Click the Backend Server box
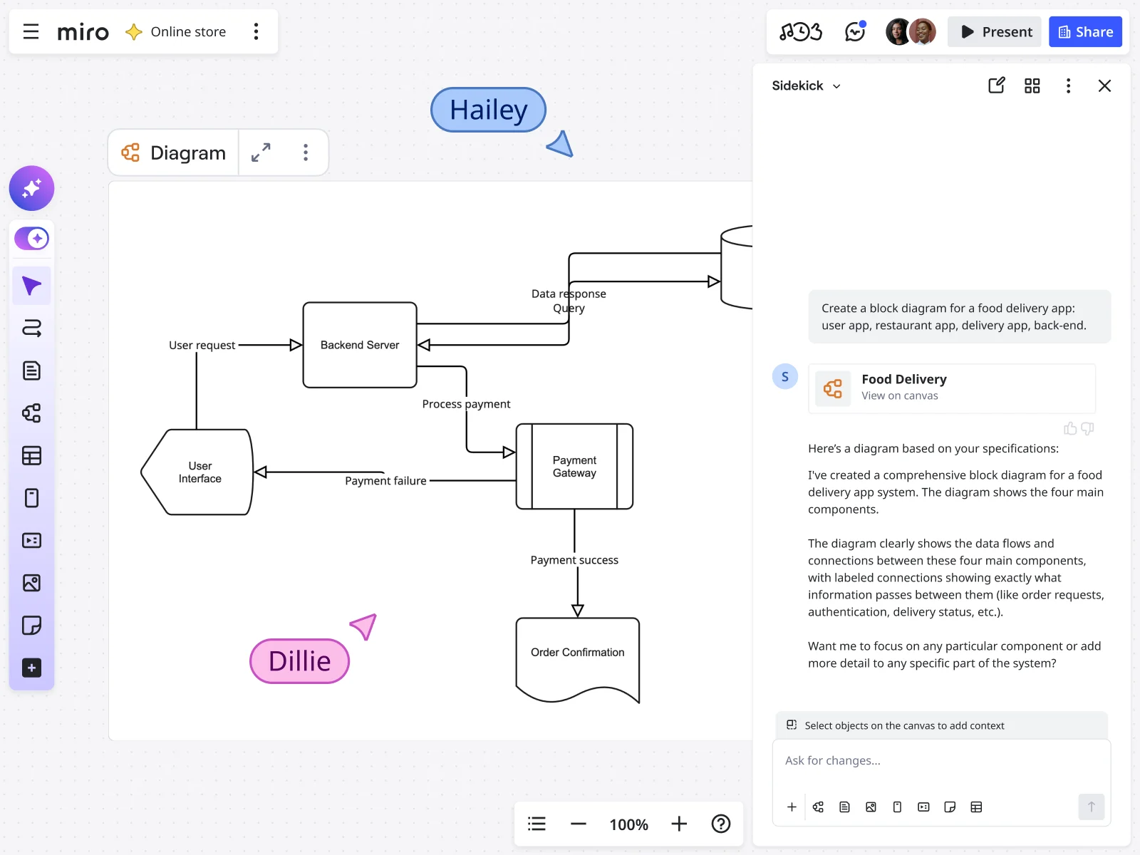[x=360, y=345]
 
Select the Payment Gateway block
[x=574, y=467]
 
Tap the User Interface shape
[x=199, y=472]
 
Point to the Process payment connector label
[x=466, y=404]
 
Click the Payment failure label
[x=385, y=481]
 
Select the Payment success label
[x=574, y=560]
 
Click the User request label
[x=202, y=345]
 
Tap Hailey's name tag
[x=489, y=110]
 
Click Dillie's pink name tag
[x=299, y=661]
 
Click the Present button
[x=995, y=32]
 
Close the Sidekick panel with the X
[x=1104, y=86]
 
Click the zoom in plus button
[x=679, y=824]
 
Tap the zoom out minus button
[x=579, y=824]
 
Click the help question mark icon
[x=721, y=824]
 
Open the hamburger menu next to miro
[x=31, y=32]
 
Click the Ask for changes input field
[x=940, y=761]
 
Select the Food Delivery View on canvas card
[x=952, y=388]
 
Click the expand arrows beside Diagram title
[x=261, y=152]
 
